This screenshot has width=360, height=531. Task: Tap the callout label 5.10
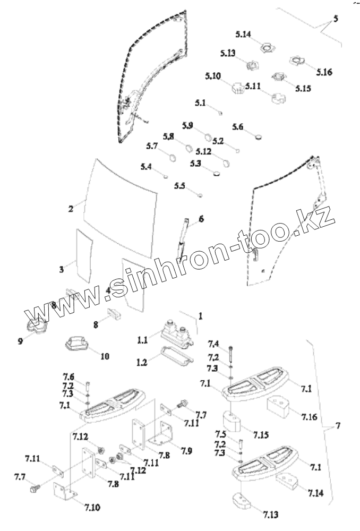(212, 76)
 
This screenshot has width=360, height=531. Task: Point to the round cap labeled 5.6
(258, 136)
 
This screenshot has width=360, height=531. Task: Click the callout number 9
(20, 341)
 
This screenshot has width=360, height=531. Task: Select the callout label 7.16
(308, 416)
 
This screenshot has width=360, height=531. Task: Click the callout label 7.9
(186, 451)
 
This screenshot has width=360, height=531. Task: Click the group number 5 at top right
(335, 19)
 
